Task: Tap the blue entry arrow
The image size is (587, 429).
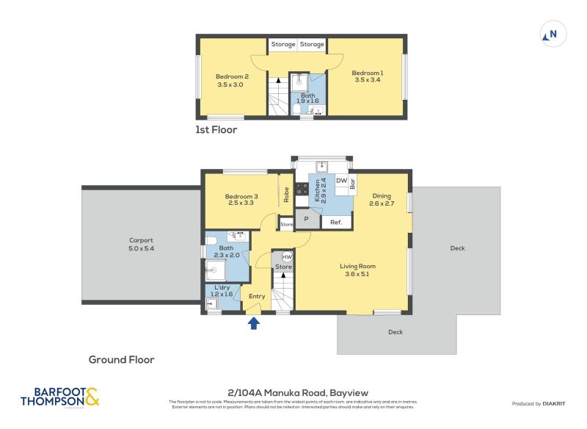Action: click(x=255, y=322)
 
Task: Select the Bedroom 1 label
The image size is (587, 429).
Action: click(x=367, y=77)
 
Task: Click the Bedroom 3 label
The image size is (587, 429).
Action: click(x=241, y=201)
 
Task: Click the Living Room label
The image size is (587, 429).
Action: click(x=357, y=270)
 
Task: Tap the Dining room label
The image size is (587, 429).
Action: click(x=382, y=200)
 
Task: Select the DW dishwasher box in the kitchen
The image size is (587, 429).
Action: click(x=341, y=180)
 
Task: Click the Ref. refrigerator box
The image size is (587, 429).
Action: click(x=336, y=222)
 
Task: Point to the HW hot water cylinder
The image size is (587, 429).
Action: click(x=286, y=257)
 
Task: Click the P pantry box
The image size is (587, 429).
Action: click(x=307, y=219)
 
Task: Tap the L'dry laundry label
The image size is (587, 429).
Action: click(x=222, y=290)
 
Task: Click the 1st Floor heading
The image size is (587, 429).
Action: click(x=216, y=129)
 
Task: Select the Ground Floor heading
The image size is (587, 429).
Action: click(x=121, y=359)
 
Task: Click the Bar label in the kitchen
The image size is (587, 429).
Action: click(x=352, y=185)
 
